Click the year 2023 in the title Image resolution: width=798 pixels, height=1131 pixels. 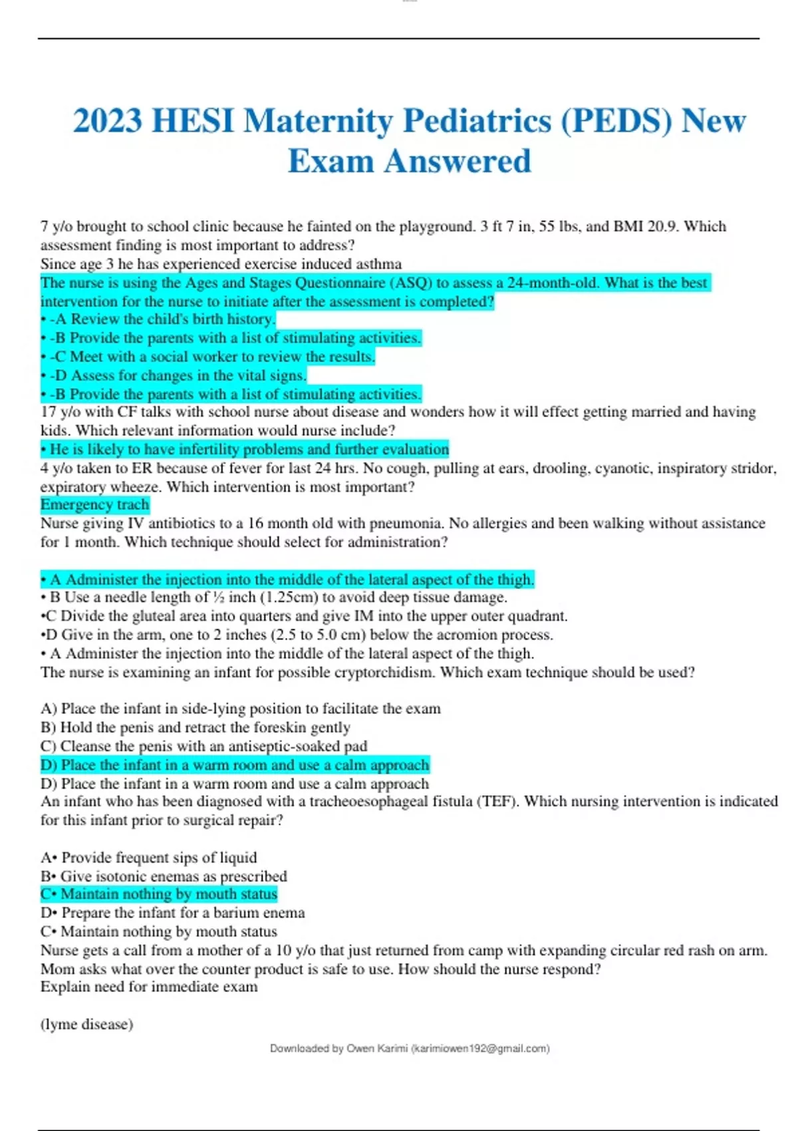(107, 121)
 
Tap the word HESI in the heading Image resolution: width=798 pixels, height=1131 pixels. (193, 121)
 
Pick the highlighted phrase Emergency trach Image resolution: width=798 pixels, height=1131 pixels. (95, 505)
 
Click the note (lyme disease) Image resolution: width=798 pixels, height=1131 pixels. (86, 1024)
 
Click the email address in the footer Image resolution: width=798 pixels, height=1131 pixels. (480, 1049)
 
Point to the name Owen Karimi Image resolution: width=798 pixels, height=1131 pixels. (377, 1049)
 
